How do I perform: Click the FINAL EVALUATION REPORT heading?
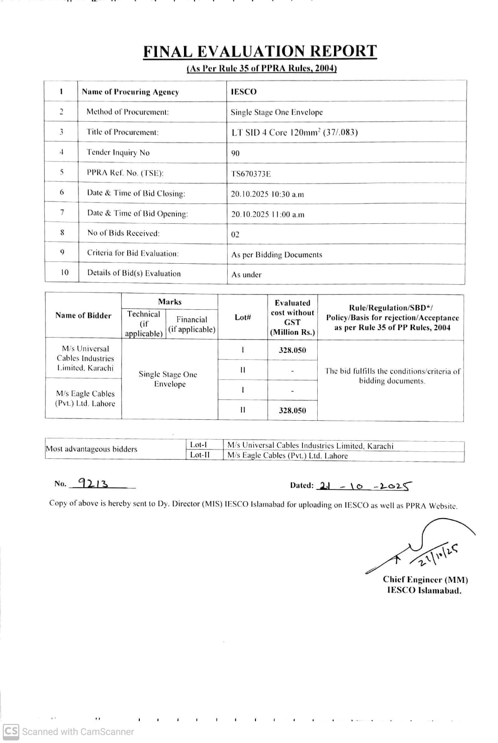260,51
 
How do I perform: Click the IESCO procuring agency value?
243,91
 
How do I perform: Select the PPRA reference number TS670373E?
251,174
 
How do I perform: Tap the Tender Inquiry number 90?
236,153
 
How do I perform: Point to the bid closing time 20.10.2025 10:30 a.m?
267,194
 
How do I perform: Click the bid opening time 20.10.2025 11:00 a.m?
268,214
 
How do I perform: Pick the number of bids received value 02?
236,235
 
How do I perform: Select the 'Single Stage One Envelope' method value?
276,112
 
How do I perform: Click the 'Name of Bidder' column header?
83,315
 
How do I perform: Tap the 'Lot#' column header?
242,317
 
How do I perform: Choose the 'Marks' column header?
170,302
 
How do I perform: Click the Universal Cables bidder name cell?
85,358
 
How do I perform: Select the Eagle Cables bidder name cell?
85,398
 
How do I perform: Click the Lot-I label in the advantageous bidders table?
199,445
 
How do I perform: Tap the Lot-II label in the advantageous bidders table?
200,455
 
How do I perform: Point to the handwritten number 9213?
93,483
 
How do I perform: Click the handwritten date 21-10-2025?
365,486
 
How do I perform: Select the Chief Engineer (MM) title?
425,580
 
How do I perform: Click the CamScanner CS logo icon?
11,731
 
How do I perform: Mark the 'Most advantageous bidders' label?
92,449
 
